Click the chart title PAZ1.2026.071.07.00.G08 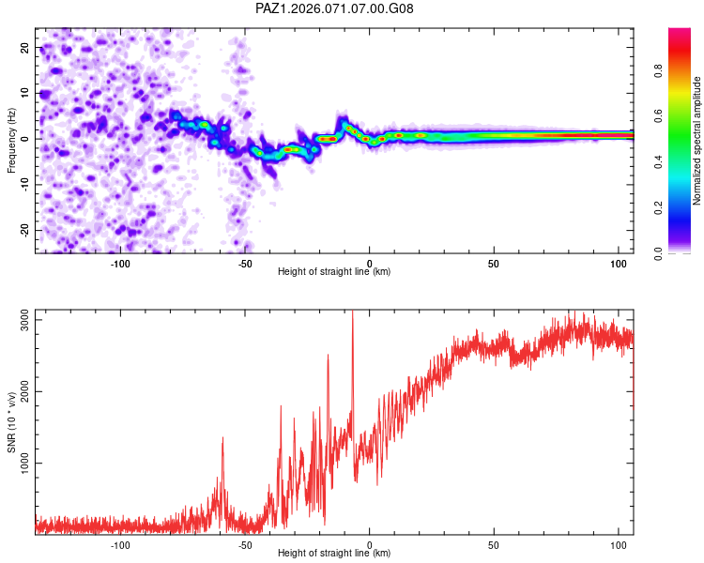tap(334, 8)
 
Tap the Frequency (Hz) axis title tap(11, 141)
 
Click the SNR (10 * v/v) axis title tap(11, 423)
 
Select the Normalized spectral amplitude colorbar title tap(696, 141)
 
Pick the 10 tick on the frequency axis tap(23, 93)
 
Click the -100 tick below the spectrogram tap(120, 263)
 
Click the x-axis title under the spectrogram tap(334, 272)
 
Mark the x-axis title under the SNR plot tap(334, 554)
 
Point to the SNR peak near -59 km tap(222, 438)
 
